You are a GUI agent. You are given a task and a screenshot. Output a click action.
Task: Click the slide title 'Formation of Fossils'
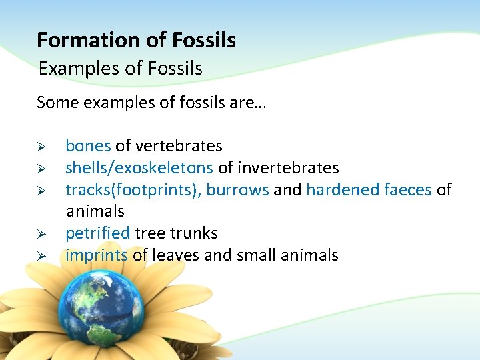pyautogui.click(x=136, y=41)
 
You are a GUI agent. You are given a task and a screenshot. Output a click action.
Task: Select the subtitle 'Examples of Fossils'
pyautogui.click(x=120, y=68)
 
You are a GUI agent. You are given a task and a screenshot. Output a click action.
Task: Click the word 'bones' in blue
pyautogui.click(x=88, y=145)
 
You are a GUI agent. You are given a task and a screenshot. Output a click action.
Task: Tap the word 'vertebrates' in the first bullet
pyautogui.click(x=179, y=145)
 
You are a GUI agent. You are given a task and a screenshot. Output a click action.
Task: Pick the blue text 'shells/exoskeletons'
pyautogui.click(x=139, y=167)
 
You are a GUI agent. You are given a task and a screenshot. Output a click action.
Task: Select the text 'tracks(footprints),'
pyautogui.click(x=133, y=190)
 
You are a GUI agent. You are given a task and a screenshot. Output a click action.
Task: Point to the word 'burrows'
pyautogui.click(x=237, y=190)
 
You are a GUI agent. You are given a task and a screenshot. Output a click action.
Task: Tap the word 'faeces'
pyautogui.click(x=408, y=190)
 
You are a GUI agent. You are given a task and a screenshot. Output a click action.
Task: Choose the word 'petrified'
pyautogui.click(x=97, y=233)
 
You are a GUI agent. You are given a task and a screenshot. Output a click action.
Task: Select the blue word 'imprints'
pyautogui.click(x=96, y=255)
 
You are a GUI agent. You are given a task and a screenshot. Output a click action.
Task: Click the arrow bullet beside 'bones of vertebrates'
pyautogui.click(x=41, y=146)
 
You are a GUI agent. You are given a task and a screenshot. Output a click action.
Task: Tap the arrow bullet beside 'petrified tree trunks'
pyautogui.click(x=41, y=234)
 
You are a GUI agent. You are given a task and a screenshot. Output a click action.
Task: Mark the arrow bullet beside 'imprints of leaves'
pyautogui.click(x=41, y=256)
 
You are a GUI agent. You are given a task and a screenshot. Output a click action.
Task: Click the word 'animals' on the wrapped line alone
pyautogui.click(x=95, y=211)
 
